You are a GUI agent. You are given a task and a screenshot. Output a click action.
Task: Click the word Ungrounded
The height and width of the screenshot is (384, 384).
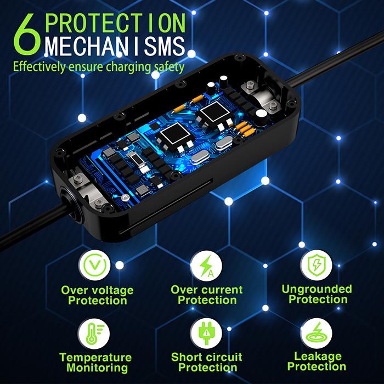(317, 289)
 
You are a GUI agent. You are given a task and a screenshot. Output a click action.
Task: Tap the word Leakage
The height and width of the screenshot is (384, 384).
(317, 356)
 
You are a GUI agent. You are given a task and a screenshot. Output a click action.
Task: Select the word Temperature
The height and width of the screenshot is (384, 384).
(96, 358)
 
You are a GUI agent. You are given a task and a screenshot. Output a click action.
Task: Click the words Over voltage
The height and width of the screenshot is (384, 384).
(97, 290)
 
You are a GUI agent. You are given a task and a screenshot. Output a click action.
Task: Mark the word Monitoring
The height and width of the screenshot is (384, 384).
(96, 369)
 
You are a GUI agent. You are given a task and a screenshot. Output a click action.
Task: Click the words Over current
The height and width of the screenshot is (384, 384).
(207, 290)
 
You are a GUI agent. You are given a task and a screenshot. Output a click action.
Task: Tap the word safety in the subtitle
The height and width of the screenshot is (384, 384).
(168, 68)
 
